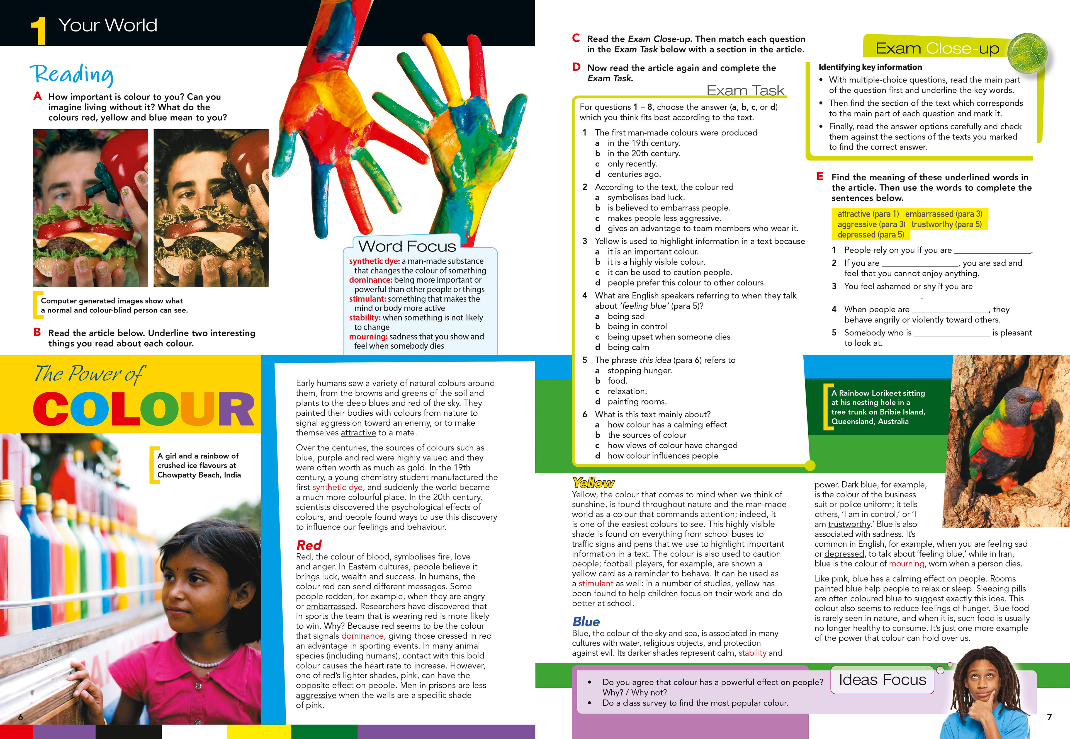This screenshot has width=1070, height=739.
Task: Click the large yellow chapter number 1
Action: pos(38,31)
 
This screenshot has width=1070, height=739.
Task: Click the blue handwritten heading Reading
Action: pos(72,74)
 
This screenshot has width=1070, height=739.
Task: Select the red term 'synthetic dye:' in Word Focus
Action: pos(374,261)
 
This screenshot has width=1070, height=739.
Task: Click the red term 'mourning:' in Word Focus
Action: pos(368,337)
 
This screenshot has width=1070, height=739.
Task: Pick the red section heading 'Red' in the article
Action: pos(309,545)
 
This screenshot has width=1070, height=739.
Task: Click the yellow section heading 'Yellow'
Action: pos(593,483)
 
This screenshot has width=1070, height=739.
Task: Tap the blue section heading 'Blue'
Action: pos(586,621)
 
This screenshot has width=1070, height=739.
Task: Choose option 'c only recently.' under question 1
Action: pos(632,164)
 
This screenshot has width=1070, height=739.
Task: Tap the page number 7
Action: pos(1049,717)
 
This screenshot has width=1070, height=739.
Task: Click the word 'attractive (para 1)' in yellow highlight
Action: pos(868,214)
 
